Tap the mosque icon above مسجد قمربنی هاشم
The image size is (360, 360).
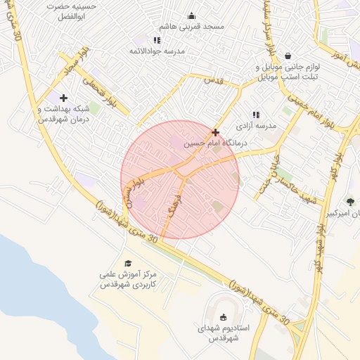click(191, 16)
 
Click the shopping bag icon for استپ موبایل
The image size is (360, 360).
click(288, 56)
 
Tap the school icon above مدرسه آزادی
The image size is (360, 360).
click(255, 115)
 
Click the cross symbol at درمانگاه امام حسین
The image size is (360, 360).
click(215, 131)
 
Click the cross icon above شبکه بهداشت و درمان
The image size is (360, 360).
click(64, 98)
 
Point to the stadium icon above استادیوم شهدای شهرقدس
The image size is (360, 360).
click(224, 317)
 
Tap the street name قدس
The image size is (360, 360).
click(212, 81)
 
